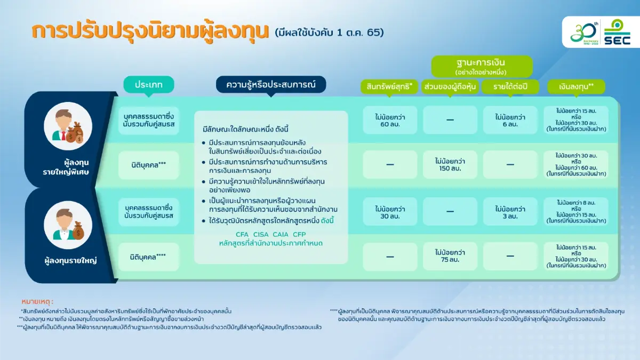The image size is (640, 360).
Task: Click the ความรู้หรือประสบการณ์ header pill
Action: coord(270,85)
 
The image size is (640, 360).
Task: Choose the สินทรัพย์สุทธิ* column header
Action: coord(390,86)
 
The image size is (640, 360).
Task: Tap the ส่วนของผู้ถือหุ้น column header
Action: coord(450,86)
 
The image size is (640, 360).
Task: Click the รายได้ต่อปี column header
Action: coord(510,86)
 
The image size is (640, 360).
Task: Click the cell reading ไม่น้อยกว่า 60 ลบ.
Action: coord(390,120)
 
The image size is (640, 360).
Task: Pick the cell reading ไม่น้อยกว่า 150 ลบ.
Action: coord(450,164)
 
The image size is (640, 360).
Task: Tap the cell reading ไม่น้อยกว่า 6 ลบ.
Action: coord(510,120)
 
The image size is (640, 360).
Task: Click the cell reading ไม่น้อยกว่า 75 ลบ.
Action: coord(450,257)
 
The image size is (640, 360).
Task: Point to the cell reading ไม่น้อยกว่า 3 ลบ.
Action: coord(510,212)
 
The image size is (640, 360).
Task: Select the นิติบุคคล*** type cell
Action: coord(149,165)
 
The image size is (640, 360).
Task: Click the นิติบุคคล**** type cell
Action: coord(149,257)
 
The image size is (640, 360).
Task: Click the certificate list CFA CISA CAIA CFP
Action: coord(270,235)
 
